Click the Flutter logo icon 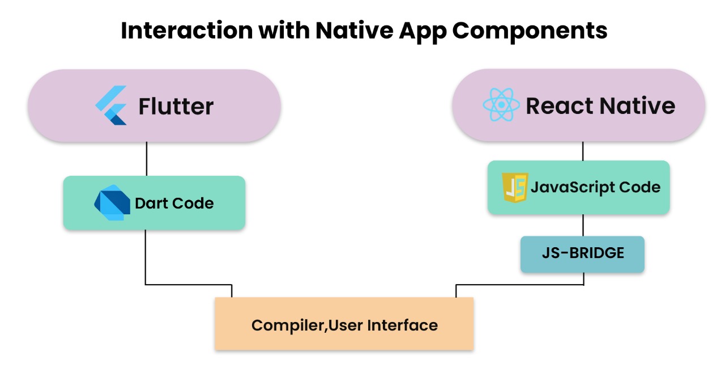click(x=110, y=105)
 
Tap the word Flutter click(x=176, y=106)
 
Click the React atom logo click(x=501, y=105)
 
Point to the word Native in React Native click(x=637, y=105)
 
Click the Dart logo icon click(x=112, y=202)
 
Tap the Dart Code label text click(x=174, y=204)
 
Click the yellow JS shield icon click(x=515, y=188)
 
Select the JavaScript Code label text click(x=595, y=188)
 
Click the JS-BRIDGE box click(x=582, y=255)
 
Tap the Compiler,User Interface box click(x=344, y=324)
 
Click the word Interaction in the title click(x=187, y=31)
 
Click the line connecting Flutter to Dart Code click(x=147, y=159)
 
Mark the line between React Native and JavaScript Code click(x=583, y=151)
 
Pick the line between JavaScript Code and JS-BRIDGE click(x=583, y=225)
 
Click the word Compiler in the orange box click(x=289, y=325)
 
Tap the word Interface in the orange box click(x=403, y=325)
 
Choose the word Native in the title click(x=355, y=31)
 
